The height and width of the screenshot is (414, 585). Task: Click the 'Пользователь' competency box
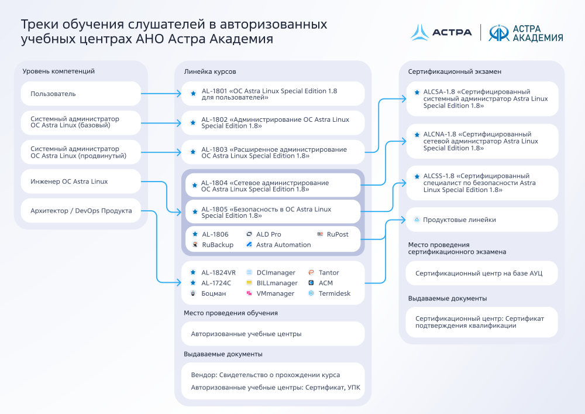click(x=81, y=94)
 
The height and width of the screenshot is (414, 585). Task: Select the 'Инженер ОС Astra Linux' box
click(x=81, y=182)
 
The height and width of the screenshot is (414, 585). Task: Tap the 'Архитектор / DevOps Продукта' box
click(x=81, y=211)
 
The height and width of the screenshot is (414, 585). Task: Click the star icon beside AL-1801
click(x=193, y=94)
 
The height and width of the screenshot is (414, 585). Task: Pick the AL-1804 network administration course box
click(x=273, y=186)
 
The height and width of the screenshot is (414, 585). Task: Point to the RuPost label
click(x=338, y=234)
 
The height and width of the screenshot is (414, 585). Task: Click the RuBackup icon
click(x=195, y=245)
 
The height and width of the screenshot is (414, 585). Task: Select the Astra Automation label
click(x=283, y=245)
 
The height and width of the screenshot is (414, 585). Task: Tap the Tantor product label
click(x=329, y=272)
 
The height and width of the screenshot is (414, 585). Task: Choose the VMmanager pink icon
click(x=249, y=293)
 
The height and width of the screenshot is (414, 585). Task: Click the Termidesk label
click(x=334, y=293)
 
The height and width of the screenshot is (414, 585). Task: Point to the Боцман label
click(x=214, y=293)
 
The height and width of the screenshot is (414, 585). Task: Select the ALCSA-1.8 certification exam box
click(x=482, y=99)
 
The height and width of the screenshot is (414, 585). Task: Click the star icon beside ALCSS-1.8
click(x=417, y=176)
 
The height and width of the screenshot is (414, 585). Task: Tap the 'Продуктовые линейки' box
click(x=481, y=220)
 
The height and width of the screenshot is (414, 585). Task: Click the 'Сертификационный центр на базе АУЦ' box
click(x=481, y=273)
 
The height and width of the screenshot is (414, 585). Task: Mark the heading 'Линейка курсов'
click(x=209, y=71)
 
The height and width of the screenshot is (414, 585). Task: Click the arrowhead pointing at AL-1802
click(x=179, y=123)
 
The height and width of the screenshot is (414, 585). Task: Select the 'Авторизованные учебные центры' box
click(x=273, y=334)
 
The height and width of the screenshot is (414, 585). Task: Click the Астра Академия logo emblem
click(x=499, y=32)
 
